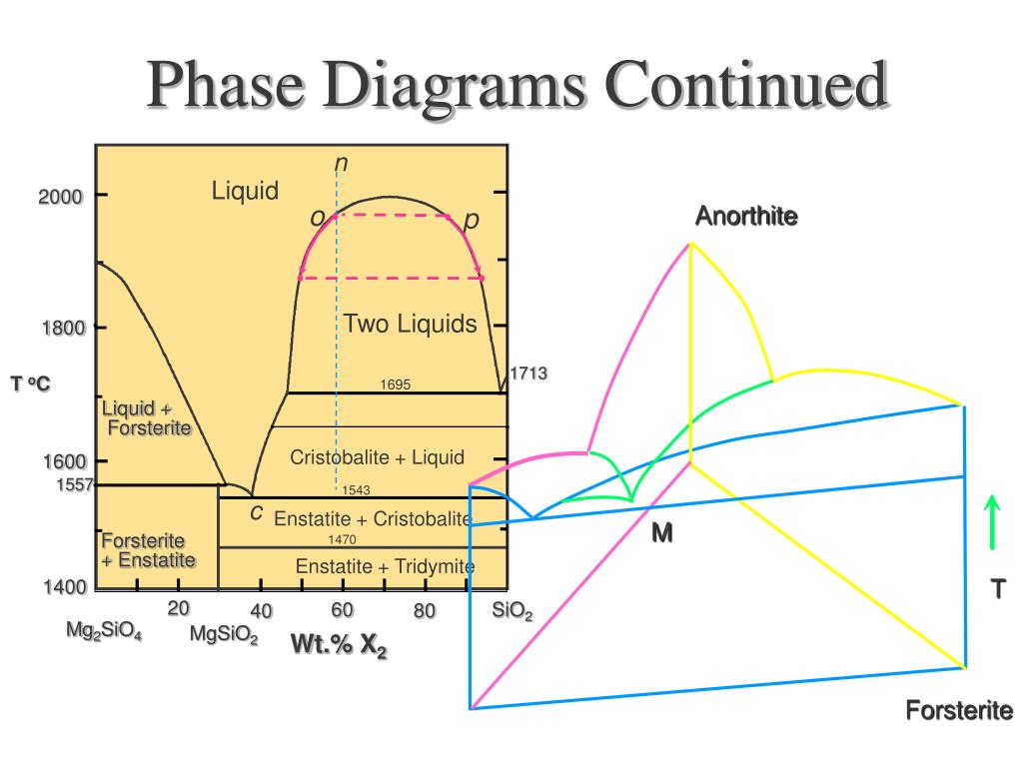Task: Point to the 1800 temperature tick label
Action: click(x=62, y=328)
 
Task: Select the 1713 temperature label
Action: click(x=529, y=374)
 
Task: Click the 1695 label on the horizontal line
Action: click(x=396, y=384)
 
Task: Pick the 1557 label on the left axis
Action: click(x=74, y=484)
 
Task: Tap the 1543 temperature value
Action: click(x=356, y=489)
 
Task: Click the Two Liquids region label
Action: click(x=411, y=324)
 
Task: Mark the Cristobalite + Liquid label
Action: click(x=378, y=457)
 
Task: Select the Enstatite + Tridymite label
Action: click(x=385, y=567)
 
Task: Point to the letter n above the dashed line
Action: click(x=341, y=163)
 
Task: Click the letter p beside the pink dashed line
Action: click(x=471, y=219)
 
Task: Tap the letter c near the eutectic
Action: click(x=257, y=512)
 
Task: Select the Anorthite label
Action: click(x=746, y=216)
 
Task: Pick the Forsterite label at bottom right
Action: click(x=959, y=711)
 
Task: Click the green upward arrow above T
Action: click(x=992, y=521)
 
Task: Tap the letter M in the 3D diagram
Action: click(x=662, y=534)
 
